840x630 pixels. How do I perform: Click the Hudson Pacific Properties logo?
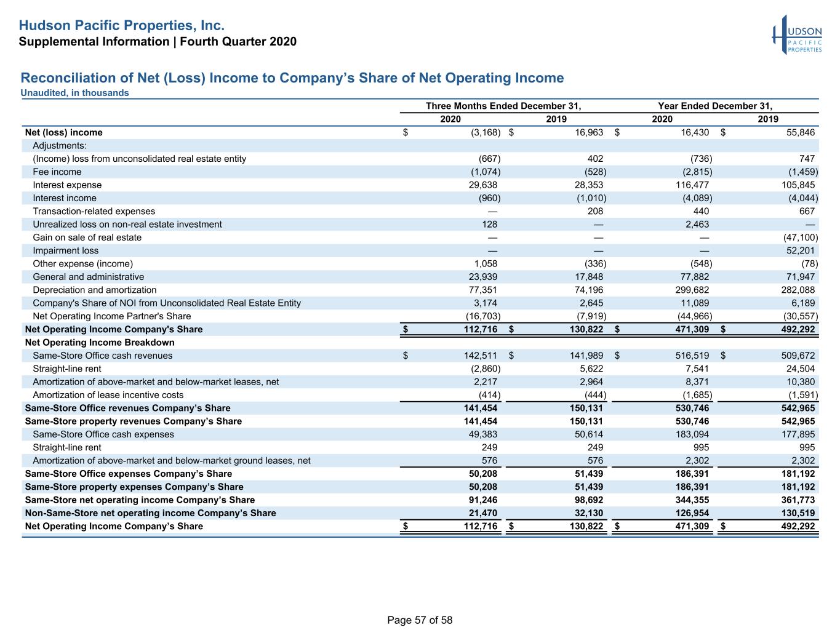797,35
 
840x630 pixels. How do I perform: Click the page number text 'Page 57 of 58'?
420,620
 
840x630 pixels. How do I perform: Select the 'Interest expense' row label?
67,185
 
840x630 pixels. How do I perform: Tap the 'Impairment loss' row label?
65,250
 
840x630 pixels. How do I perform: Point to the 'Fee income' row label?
57,172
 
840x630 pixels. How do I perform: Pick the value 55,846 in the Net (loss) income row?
801,132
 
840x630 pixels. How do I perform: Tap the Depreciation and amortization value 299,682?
692,290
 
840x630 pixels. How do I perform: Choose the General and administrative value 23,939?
483,277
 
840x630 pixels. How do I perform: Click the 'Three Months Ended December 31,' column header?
503,106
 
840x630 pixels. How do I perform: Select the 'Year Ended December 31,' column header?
715,106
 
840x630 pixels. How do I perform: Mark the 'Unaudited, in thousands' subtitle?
74,93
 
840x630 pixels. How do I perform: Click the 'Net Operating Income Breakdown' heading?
100,342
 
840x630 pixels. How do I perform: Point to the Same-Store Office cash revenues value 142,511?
481,356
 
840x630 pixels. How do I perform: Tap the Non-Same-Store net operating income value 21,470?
483,513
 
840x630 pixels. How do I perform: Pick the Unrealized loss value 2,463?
697,224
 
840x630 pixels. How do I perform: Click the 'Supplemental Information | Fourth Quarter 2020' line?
158,41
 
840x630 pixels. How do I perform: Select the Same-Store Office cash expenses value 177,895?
798,434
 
